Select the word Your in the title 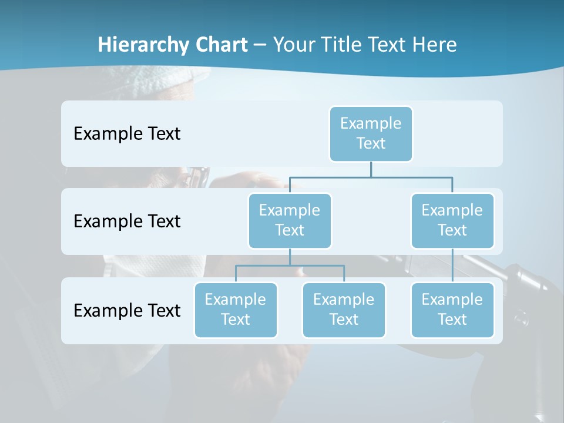coord(293,45)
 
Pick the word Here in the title coord(435,45)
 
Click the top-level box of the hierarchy coord(371,133)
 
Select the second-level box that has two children coord(290,220)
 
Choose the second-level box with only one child coord(452,220)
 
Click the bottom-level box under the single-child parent coord(452,310)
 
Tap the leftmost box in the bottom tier coord(236,310)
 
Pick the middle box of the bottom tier coord(344,310)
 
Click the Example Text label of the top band coord(127,133)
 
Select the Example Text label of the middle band coord(127,221)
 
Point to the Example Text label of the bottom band coord(127,310)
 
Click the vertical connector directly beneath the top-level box coord(371,169)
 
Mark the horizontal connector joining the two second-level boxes coord(371,176)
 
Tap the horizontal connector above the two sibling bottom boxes coord(290,266)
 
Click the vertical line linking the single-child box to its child coord(452,266)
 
